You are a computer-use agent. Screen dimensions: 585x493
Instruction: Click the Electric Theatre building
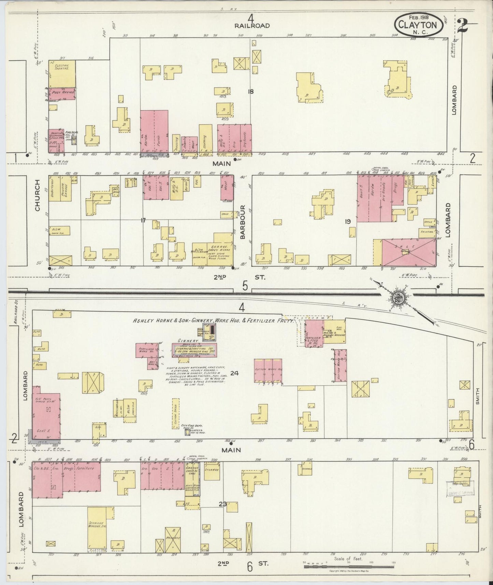coord(62,74)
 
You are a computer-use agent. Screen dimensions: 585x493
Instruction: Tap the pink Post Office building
coord(62,94)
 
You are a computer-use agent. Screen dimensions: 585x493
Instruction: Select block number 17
coord(143,220)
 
